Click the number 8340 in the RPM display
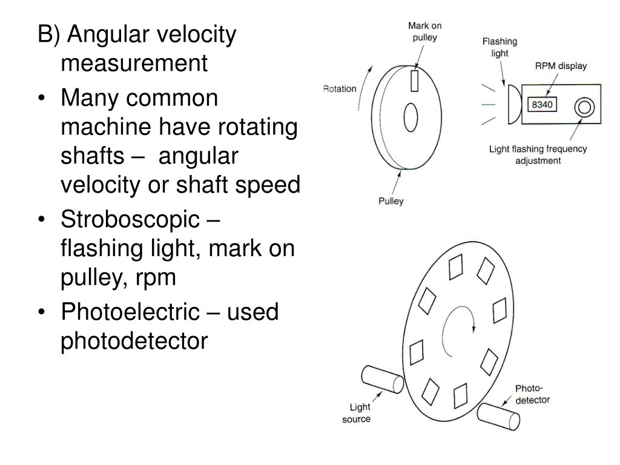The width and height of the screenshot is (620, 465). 543,105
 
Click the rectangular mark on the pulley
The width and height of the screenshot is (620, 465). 415,81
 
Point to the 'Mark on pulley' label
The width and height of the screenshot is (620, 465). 424,31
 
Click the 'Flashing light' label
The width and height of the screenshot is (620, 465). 500,47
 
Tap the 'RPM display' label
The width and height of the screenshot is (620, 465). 561,66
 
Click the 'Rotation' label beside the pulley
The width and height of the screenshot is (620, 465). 340,89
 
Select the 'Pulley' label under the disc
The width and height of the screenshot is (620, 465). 391,201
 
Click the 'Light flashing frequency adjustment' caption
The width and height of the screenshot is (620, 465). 538,155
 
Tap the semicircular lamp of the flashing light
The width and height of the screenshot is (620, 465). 513,104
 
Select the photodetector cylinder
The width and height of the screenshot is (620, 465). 498,418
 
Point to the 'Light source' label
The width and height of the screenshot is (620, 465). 356,413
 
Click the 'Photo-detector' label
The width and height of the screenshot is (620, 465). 532,394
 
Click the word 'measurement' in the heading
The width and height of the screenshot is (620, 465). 134,63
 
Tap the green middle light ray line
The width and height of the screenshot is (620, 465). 488,105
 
